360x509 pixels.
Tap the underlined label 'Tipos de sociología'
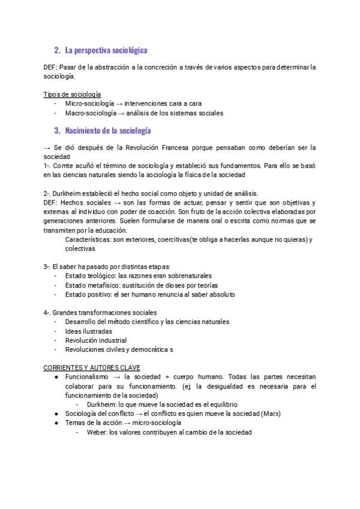72,95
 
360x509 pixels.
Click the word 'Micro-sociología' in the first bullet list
91,104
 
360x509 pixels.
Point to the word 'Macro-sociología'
92,113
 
